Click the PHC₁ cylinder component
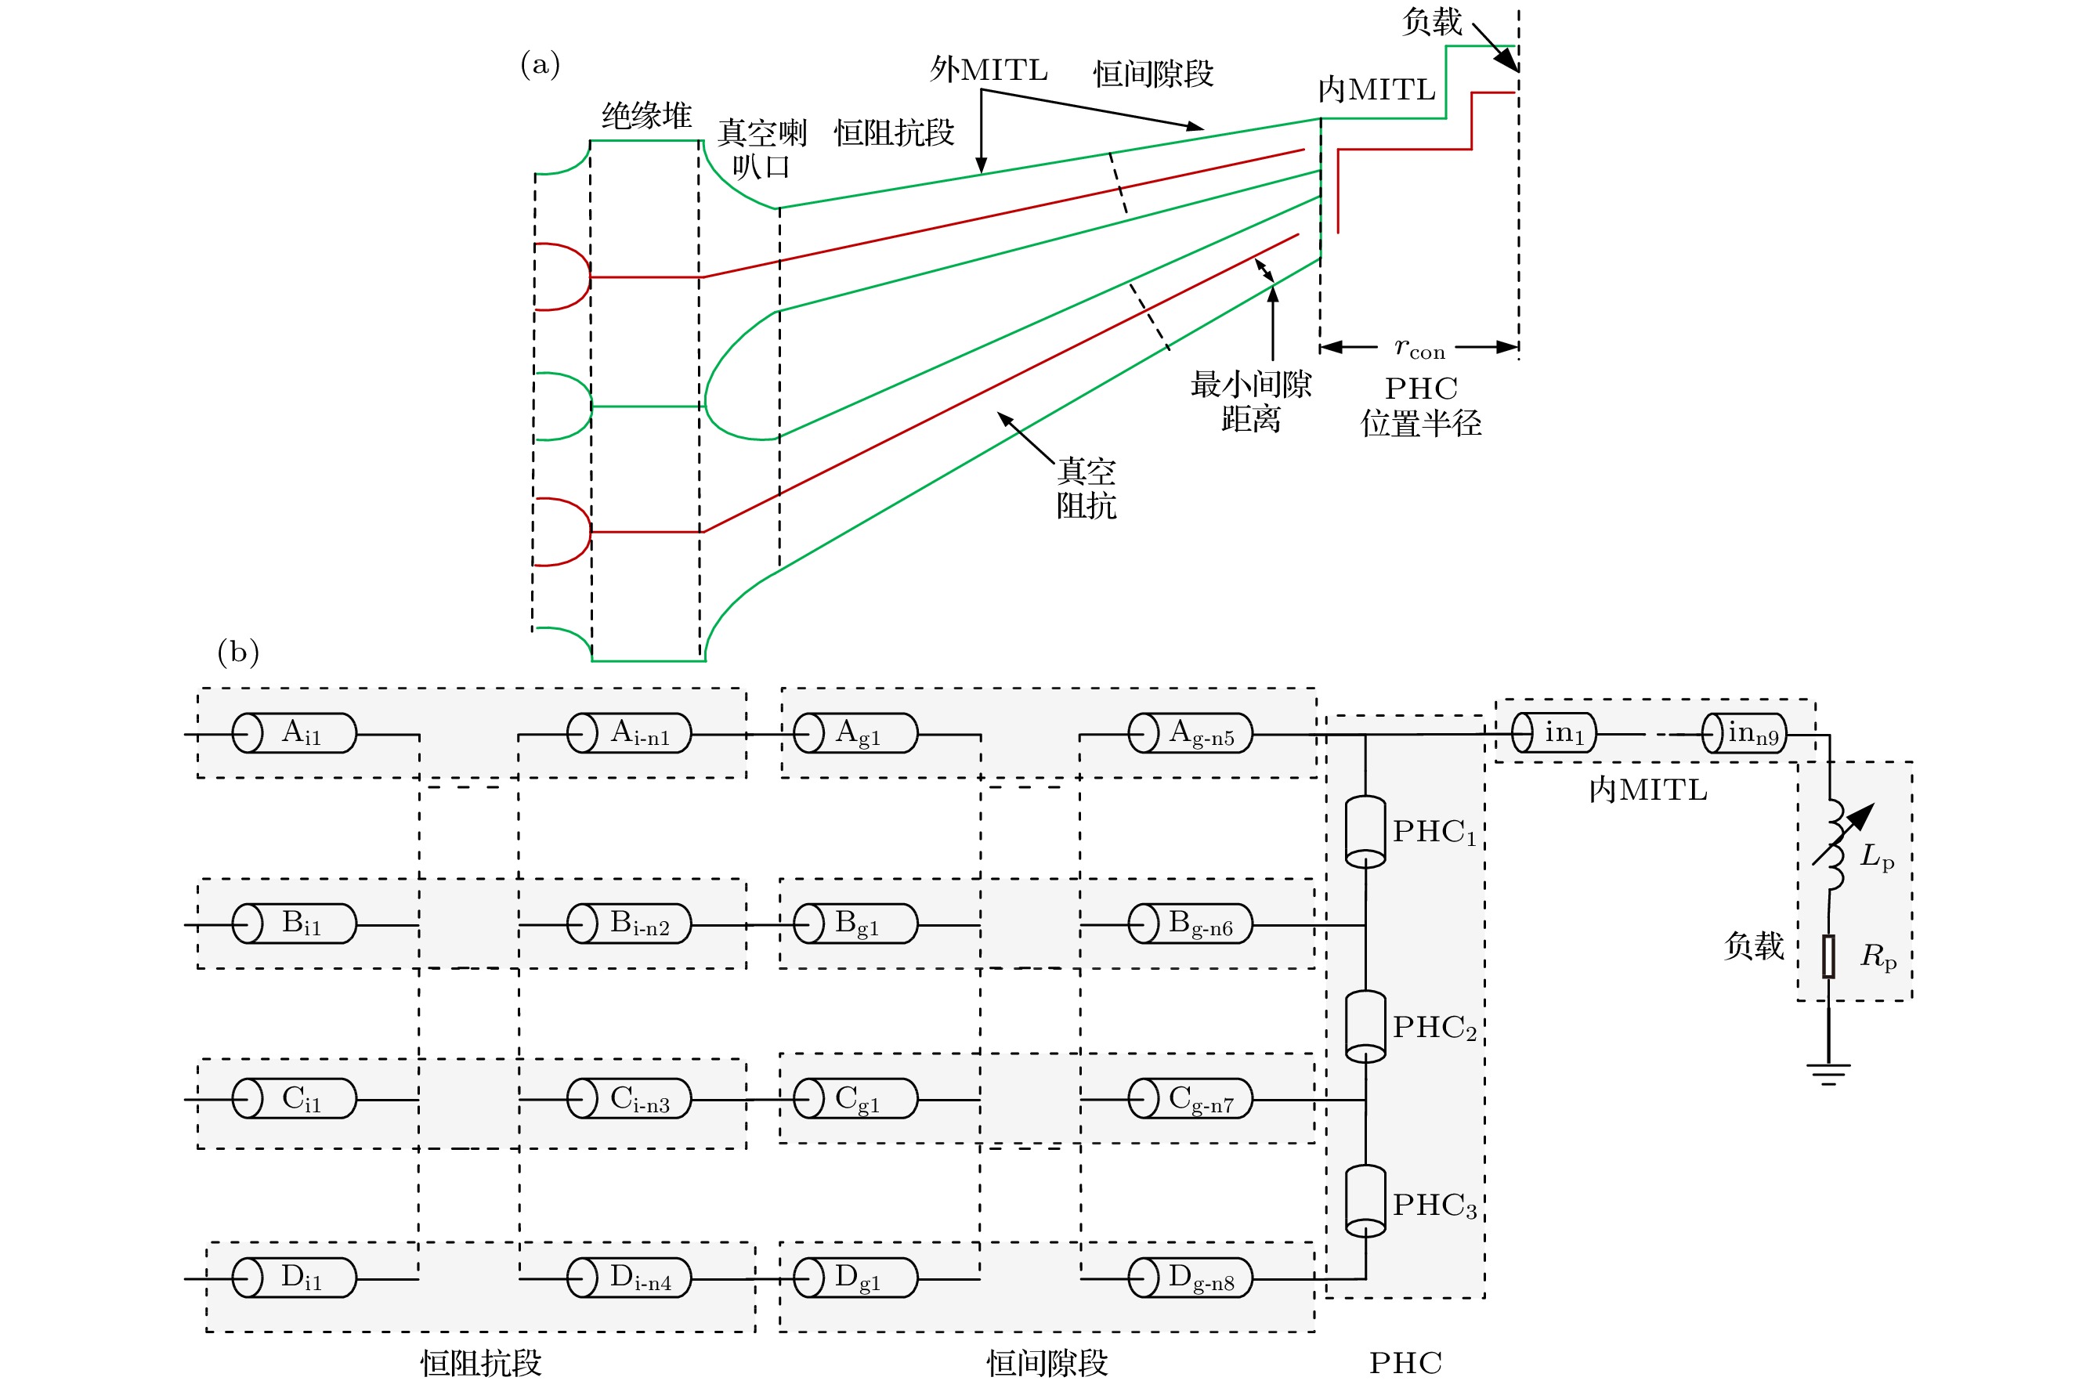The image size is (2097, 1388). tap(1365, 830)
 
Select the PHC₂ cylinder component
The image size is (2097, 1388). tap(1365, 1025)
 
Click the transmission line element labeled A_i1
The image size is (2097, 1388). tap(294, 733)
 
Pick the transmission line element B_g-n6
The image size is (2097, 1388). tap(1190, 924)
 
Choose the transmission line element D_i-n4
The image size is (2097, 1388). tap(628, 1278)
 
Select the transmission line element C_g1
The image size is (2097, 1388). tap(855, 1098)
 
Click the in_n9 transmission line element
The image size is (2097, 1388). tap(1744, 733)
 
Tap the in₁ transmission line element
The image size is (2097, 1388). tap(1553, 733)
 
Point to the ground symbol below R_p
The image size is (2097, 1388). tap(1828, 1074)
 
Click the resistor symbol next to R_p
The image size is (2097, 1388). tap(1828, 956)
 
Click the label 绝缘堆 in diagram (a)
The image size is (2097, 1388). tap(646, 116)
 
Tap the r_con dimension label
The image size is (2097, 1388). tap(1419, 348)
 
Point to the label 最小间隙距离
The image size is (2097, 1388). tap(1250, 401)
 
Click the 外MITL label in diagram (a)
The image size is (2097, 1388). tap(988, 70)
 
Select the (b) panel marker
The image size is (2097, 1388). tap(237, 652)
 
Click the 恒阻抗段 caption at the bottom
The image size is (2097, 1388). tap(481, 1362)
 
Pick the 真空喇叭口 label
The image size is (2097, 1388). tap(761, 149)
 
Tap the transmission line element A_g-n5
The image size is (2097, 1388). tap(1190, 733)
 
